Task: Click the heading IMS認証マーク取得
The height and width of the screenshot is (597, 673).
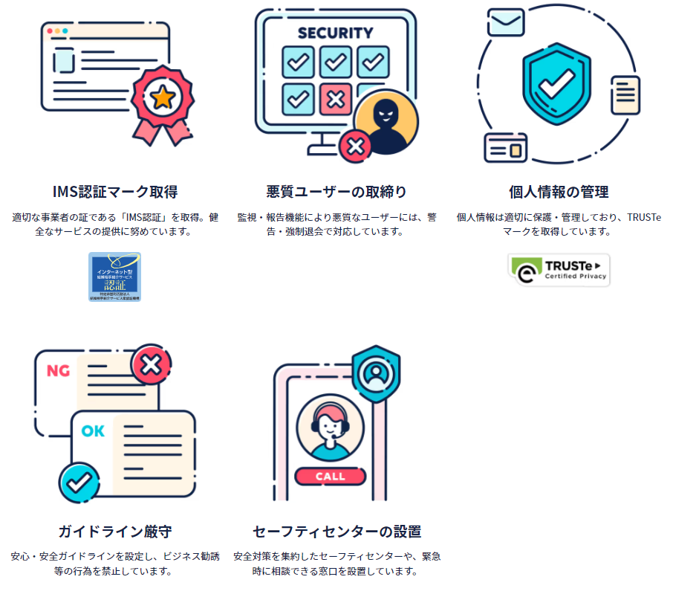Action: [x=114, y=192]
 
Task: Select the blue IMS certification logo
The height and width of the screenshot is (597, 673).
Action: [x=114, y=277]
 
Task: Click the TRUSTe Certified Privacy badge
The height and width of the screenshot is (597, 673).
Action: [x=559, y=269]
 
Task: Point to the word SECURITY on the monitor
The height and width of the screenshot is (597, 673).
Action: [x=335, y=33]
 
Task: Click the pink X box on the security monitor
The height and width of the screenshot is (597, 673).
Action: [x=335, y=98]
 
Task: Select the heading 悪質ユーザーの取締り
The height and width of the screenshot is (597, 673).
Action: [x=336, y=192]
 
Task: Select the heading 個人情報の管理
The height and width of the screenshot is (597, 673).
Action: [x=559, y=192]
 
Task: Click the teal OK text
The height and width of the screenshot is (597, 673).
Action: [x=93, y=430]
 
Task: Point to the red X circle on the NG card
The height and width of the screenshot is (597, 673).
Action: [x=151, y=364]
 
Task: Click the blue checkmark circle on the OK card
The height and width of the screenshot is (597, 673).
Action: [x=78, y=483]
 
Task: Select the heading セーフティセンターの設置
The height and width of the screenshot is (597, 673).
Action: [x=336, y=532]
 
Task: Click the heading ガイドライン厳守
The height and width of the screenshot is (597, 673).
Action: [x=114, y=532]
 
